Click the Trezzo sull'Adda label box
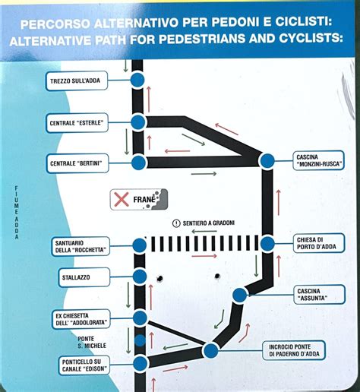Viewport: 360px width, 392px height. pyautogui.click(x=77, y=81)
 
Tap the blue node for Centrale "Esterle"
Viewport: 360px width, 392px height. pyautogui.click(x=138, y=122)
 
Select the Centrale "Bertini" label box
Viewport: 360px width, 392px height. pyautogui.click(x=77, y=163)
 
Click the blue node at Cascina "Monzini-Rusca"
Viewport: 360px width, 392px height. pyautogui.click(x=267, y=161)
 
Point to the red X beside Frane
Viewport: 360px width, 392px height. pyautogui.click(x=122, y=199)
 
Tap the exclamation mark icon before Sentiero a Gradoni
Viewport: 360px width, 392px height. pyautogui.click(x=176, y=223)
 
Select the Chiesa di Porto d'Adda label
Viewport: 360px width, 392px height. pyautogui.click(x=319, y=243)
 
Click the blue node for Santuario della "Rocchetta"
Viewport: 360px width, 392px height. pyautogui.click(x=140, y=245)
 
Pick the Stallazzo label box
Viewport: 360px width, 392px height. pyautogui.click(x=84, y=277)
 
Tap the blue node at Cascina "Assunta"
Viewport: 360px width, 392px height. pyautogui.click(x=239, y=296)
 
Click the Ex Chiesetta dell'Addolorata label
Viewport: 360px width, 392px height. pyautogui.click(x=81, y=319)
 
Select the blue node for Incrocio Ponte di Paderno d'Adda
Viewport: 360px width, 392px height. pyautogui.click(x=210, y=351)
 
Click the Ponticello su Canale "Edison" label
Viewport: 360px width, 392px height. pyautogui.click(x=84, y=365)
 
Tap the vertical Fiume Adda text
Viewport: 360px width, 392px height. pyautogui.click(x=17, y=213)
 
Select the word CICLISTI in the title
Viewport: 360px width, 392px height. pyautogui.click(x=303, y=22)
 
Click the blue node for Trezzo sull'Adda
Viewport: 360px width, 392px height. pyautogui.click(x=137, y=80)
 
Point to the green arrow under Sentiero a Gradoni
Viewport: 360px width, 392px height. pyautogui.click(x=204, y=231)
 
